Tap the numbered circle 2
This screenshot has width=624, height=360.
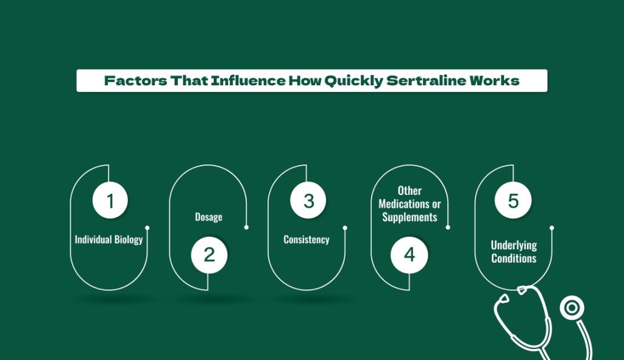(209, 255)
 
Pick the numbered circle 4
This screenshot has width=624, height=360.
(409, 255)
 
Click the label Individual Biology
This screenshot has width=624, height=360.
(108, 239)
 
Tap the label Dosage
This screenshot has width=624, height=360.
(208, 217)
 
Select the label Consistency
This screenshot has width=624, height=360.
(307, 239)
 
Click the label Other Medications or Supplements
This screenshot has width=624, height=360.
(409, 204)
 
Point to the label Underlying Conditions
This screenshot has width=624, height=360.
(514, 252)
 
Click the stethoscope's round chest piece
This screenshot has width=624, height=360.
(572, 308)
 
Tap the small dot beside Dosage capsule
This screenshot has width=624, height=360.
(246, 228)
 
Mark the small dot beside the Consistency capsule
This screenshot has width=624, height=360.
(345, 228)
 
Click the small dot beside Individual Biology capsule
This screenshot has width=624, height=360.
(147, 228)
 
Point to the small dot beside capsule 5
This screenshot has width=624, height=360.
(551, 228)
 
